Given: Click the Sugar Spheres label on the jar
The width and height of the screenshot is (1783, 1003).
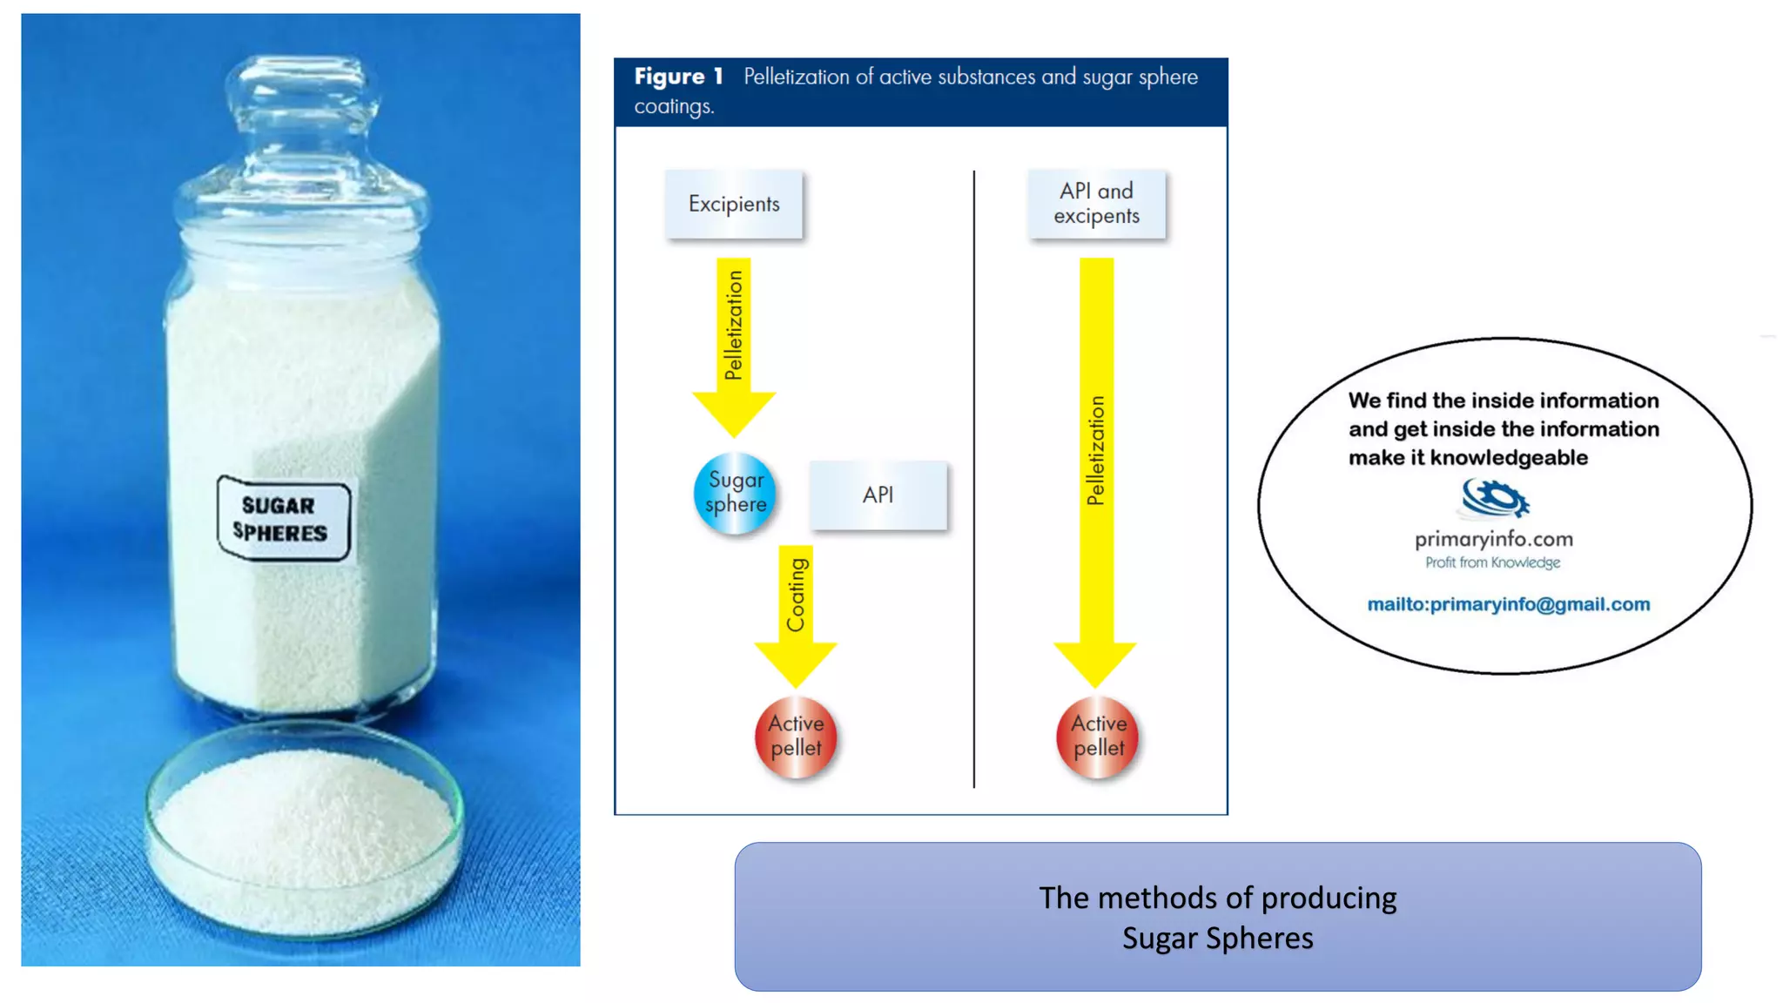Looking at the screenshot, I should click(283, 519).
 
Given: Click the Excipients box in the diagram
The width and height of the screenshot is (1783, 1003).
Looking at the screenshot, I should click(734, 204).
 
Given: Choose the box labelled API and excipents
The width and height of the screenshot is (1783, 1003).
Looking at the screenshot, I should click(1096, 204).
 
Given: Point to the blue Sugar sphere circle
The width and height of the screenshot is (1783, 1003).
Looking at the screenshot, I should click(735, 493).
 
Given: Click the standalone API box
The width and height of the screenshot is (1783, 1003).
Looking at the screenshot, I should click(878, 495).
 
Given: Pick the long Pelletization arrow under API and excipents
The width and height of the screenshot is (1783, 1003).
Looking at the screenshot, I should click(1095, 470).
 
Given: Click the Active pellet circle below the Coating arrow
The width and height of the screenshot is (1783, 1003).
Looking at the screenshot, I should click(796, 737).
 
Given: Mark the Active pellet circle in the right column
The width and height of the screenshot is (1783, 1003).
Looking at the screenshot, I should click(1097, 737).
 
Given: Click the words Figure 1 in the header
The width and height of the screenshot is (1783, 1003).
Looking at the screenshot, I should click(678, 77).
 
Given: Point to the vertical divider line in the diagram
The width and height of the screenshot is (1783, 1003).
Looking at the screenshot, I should click(973, 479).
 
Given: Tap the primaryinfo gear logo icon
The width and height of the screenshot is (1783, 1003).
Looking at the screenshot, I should click(1495, 499).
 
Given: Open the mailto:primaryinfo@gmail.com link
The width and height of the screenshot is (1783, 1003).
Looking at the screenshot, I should click(1508, 604).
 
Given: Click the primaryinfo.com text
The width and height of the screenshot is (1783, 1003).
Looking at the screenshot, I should click(1493, 539).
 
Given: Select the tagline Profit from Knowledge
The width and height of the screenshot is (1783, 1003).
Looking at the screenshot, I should click(1492, 562).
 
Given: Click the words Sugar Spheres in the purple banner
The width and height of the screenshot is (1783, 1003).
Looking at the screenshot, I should click(1217, 939).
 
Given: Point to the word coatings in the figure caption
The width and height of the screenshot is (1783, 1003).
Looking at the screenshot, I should click(673, 107).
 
